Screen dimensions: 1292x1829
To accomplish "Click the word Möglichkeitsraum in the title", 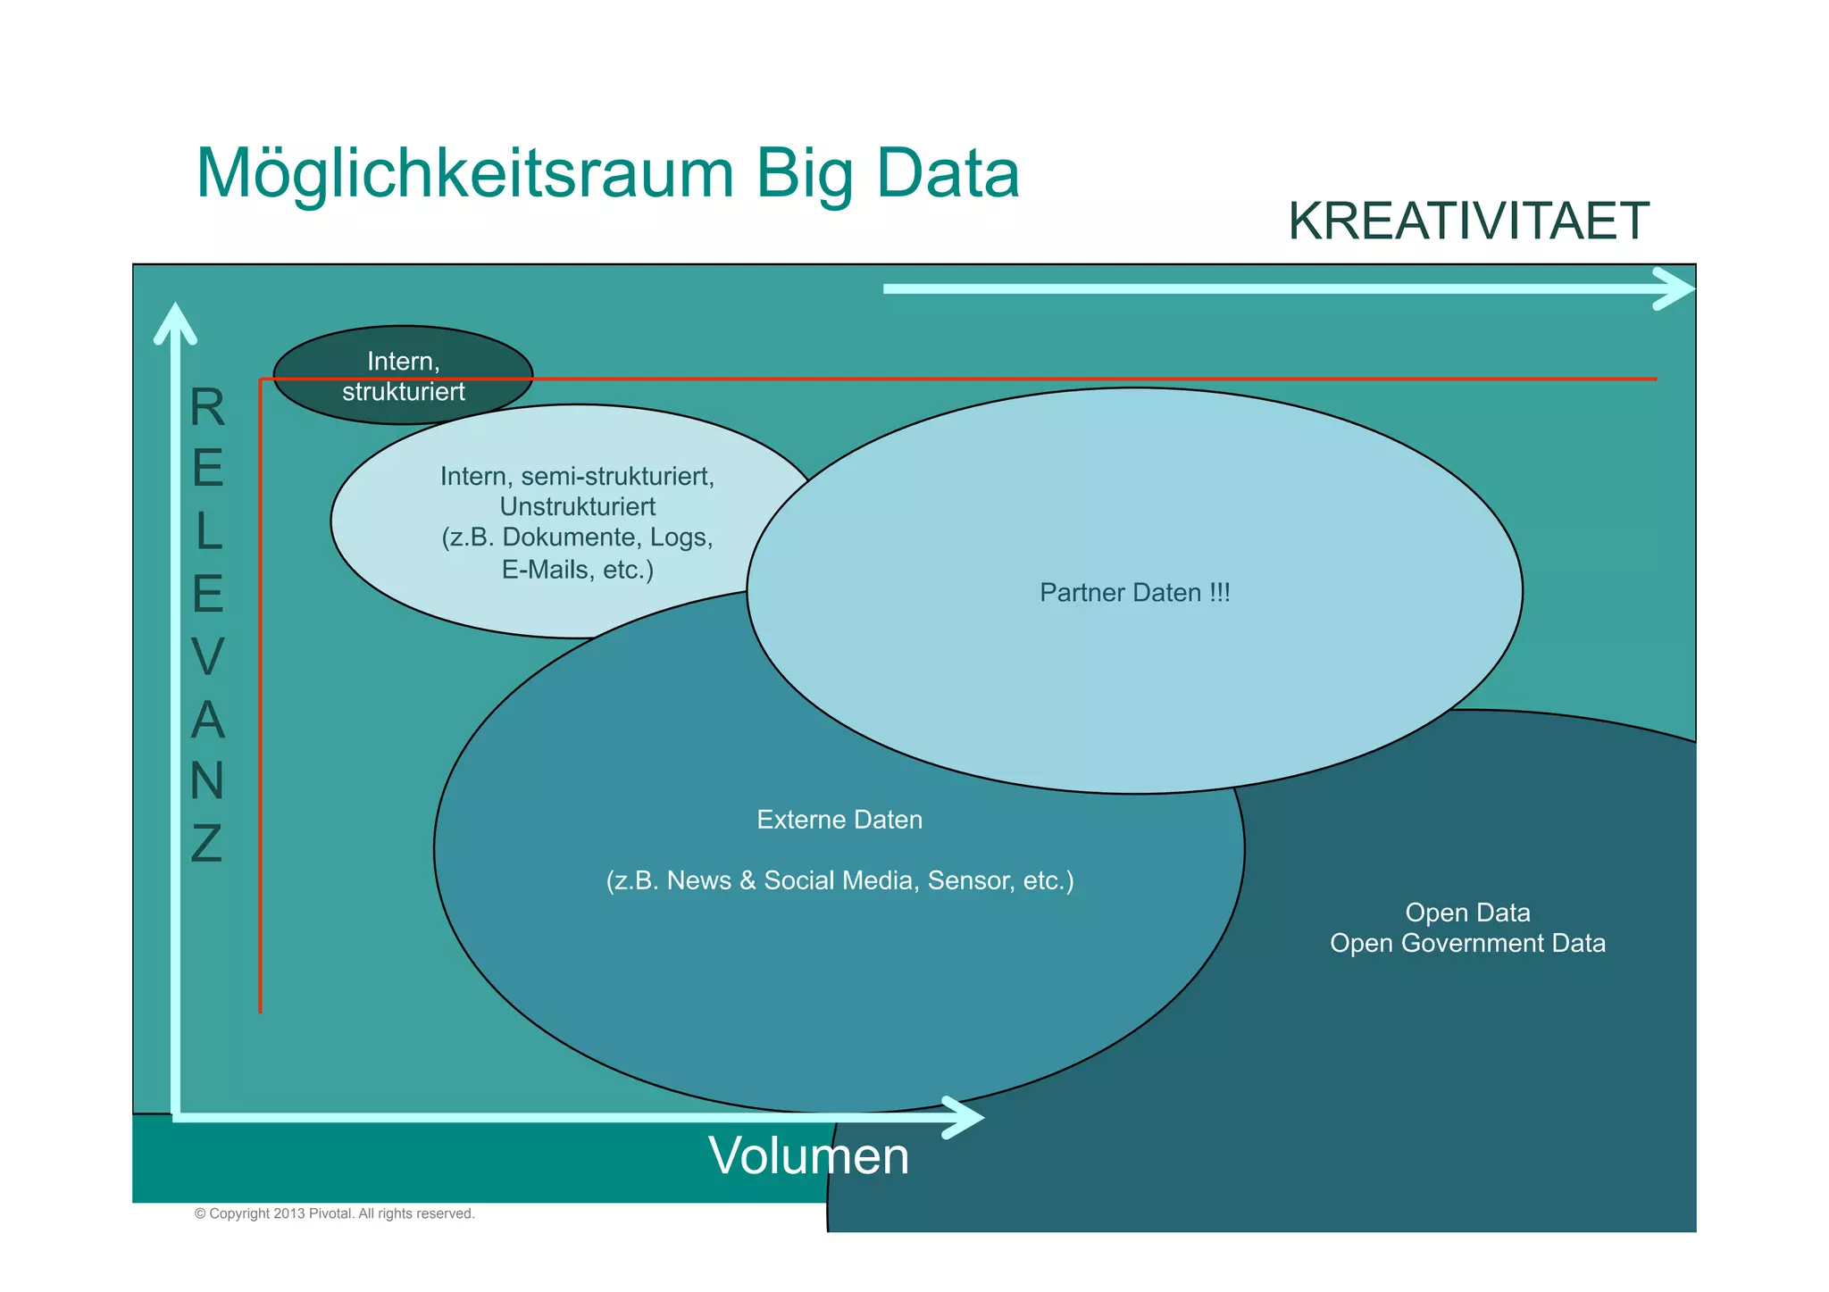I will tap(464, 175).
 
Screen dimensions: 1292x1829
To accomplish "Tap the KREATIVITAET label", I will tap(1467, 221).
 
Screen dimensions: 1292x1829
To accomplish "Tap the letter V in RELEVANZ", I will tap(207, 656).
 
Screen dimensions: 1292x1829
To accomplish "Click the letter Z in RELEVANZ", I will tap(206, 843).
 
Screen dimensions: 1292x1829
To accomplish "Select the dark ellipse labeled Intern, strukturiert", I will tap(403, 375).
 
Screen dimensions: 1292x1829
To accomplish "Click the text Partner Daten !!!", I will tap(1134, 593).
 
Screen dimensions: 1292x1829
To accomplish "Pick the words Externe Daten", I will tap(839, 820).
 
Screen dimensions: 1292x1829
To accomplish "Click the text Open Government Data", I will tap(1467, 944).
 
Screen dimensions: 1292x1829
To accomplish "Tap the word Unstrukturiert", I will tap(577, 507).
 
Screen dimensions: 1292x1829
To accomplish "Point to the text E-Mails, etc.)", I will tap(577, 570).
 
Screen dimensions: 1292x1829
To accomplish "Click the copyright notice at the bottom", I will tap(334, 1213).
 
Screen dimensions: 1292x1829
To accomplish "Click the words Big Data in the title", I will tap(887, 175).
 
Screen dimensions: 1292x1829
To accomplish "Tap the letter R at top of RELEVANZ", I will tap(207, 408).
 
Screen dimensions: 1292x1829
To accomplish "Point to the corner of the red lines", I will tap(261, 380).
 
